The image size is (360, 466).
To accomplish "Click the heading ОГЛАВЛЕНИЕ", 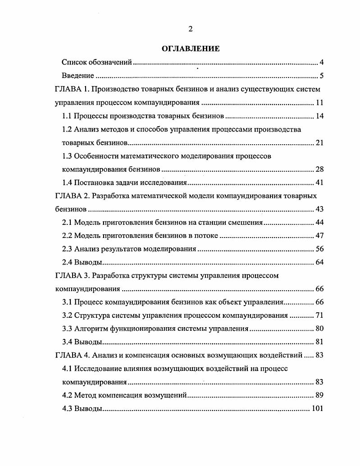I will coord(190,49).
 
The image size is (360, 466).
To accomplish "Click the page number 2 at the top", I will coord(190,29).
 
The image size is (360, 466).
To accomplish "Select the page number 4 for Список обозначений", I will coord(322,62).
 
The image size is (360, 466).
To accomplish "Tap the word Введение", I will coord(77,75).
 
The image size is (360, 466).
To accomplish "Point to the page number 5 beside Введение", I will coord(322,75).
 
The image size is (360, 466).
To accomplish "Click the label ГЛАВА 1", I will coord(68,89).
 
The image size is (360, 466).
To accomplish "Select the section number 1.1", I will coord(67,116).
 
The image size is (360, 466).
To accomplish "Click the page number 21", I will coord(319,143).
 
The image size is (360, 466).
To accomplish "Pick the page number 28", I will coord(319,169).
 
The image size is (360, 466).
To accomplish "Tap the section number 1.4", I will coord(67,183).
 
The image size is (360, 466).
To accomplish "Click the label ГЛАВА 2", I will coord(68,196).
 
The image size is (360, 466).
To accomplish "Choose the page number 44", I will coord(319,223).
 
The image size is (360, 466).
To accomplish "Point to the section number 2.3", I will coord(67,249).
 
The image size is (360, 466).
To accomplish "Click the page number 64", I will coord(319,262).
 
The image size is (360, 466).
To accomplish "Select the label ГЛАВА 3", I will coord(68,275).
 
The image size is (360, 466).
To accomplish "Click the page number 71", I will coord(319,315).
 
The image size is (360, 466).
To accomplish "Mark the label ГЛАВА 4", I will coord(68,355).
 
